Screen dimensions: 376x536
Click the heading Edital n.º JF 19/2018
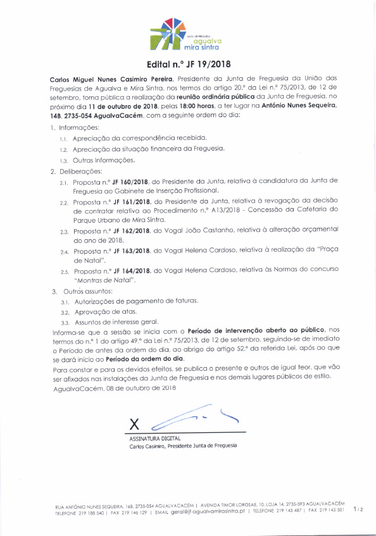pyautogui.click(x=187, y=63)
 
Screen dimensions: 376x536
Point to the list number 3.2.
pyautogui.click(x=65, y=313)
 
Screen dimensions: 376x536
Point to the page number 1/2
pyautogui.click(x=358, y=508)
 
